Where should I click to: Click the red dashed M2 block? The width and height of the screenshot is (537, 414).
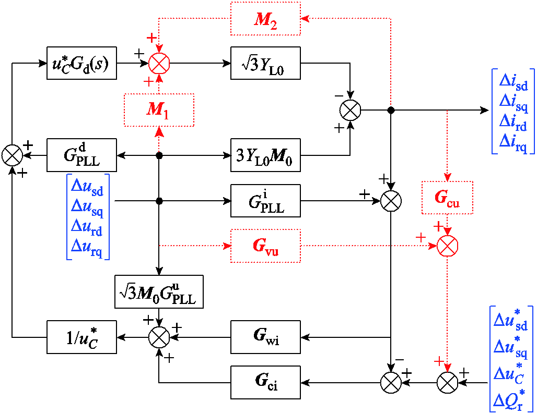[265, 19]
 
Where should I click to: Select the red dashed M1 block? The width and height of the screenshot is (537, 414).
[159, 110]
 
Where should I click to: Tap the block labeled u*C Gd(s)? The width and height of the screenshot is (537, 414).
[81, 63]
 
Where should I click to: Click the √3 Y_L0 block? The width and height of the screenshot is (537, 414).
[265, 63]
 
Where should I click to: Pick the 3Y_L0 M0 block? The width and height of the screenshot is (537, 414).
[265, 155]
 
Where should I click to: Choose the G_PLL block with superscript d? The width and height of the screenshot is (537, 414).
[81, 155]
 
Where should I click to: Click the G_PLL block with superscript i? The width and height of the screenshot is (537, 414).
[265, 201]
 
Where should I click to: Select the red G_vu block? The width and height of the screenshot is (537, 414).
[265, 246]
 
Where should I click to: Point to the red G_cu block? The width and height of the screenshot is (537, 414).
[447, 198]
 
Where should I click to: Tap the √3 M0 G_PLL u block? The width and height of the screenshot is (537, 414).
[159, 291]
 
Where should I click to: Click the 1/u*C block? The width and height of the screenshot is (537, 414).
[81, 337]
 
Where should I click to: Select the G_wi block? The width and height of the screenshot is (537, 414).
[265, 337]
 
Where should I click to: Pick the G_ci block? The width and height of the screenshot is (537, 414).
[265, 383]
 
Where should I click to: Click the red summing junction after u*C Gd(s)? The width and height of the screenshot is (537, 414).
[159, 64]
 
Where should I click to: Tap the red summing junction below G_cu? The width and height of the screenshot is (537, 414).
[447, 246]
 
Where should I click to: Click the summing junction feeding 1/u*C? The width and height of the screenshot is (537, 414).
[159, 337]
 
